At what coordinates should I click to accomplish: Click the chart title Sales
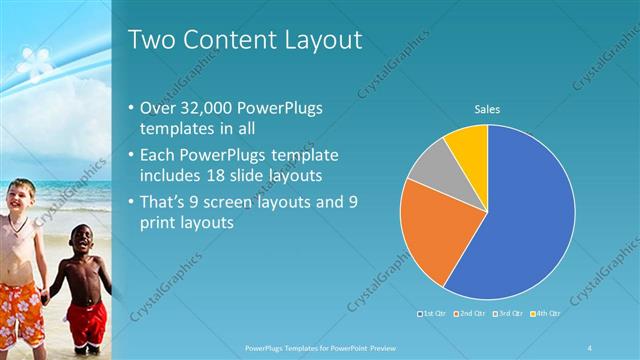487,109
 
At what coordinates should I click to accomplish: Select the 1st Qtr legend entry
432,313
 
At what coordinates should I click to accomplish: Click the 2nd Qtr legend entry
471,313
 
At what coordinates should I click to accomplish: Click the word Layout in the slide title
319,40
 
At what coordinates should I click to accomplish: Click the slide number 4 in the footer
590,347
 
